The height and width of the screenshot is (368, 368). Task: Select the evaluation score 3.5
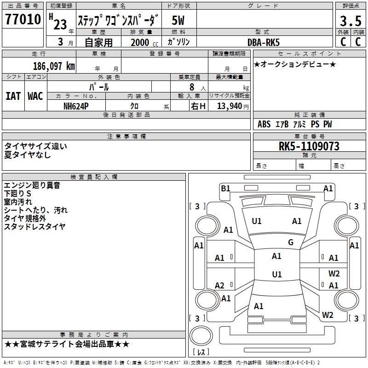pyautogui.click(x=350, y=22)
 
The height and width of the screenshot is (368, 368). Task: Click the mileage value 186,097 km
pyautogui.click(x=54, y=66)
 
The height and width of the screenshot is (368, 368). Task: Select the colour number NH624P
pyautogui.click(x=76, y=106)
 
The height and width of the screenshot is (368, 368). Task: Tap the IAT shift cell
pyautogui.click(x=13, y=96)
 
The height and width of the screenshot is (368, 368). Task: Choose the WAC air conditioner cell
pyautogui.click(x=35, y=96)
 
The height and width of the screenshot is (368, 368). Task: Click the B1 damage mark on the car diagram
pyautogui.click(x=225, y=188)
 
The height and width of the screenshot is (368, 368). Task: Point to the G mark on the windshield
pyautogui.click(x=291, y=242)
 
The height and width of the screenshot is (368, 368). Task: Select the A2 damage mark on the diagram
pyautogui.click(x=220, y=286)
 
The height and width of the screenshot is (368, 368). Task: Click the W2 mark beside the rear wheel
pyautogui.click(x=328, y=315)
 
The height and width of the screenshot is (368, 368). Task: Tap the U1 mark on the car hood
pyautogui.click(x=257, y=221)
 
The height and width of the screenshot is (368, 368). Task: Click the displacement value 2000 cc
pyautogui.click(x=140, y=42)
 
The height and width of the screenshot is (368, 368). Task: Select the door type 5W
pyautogui.click(x=178, y=21)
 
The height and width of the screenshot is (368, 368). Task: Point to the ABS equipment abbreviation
pyautogui.click(x=264, y=124)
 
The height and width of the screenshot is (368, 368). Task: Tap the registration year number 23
pyautogui.click(x=60, y=25)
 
